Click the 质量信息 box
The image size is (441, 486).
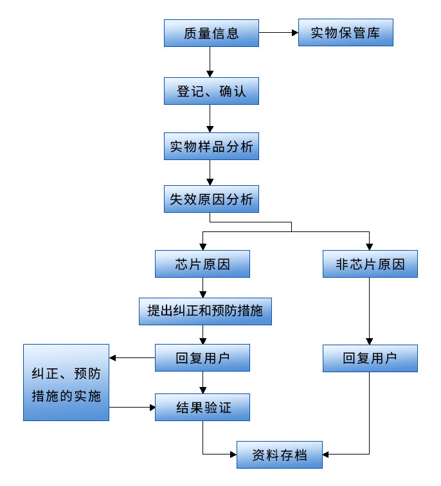click(x=211, y=33)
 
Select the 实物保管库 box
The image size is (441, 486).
click(x=345, y=33)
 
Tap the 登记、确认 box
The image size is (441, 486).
click(x=211, y=91)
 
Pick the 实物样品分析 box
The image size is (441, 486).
click(x=211, y=147)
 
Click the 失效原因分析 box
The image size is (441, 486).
click(x=211, y=199)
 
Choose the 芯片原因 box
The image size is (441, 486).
click(x=203, y=264)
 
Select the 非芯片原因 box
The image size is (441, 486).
click(x=370, y=264)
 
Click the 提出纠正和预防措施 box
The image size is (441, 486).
click(x=204, y=310)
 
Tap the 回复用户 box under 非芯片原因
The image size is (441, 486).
click(x=370, y=358)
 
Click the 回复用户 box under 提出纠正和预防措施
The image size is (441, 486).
click(x=203, y=358)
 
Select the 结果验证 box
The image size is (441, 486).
click(x=203, y=407)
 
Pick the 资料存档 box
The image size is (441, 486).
click(x=279, y=456)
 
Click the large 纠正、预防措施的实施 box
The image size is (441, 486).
click(x=66, y=382)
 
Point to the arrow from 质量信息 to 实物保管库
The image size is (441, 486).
click(x=278, y=33)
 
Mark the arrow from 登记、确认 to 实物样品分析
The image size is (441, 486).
click(x=210, y=119)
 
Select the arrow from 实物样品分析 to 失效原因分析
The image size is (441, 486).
click(x=210, y=173)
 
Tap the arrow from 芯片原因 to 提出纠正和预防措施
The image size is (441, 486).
click(x=203, y=287)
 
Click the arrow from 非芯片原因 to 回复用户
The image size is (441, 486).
click(x=370, y=311)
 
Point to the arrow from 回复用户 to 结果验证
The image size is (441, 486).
click(x=203, y=382)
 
